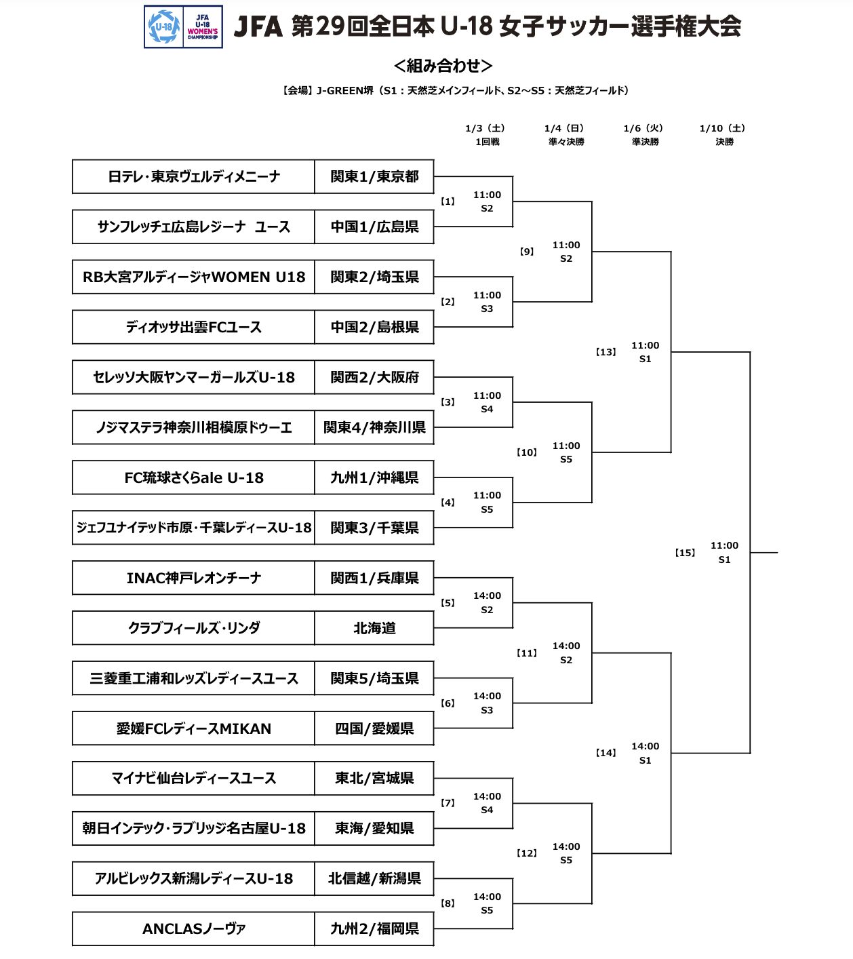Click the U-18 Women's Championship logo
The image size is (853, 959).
(183, 26)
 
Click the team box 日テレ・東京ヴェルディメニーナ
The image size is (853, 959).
(193, 176)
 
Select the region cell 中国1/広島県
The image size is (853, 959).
(374, 227)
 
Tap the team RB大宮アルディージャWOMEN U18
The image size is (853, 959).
(193, 277)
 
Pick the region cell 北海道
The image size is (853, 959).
(374, 628)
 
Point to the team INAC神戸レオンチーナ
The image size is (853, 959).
(193, 578)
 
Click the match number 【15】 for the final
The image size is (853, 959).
(685, 552)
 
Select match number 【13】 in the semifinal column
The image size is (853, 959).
(606, 352)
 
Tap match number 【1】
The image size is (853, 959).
(448, 201)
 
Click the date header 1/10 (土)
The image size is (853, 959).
(723, 128)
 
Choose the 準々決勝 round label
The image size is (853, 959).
(566, 142)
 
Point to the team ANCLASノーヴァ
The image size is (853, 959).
(193, 928)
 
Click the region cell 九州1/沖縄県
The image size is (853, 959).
(374, 477)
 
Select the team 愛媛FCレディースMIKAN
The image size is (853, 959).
(193, 728)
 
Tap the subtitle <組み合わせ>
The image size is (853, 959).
(443, 65)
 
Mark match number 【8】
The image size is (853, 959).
(448, 903)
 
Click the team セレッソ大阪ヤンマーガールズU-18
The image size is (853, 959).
(193, 377)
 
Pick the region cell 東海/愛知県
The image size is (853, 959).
(374, 828)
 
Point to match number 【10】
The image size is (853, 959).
(527, 452)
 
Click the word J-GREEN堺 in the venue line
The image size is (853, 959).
(344, 90)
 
